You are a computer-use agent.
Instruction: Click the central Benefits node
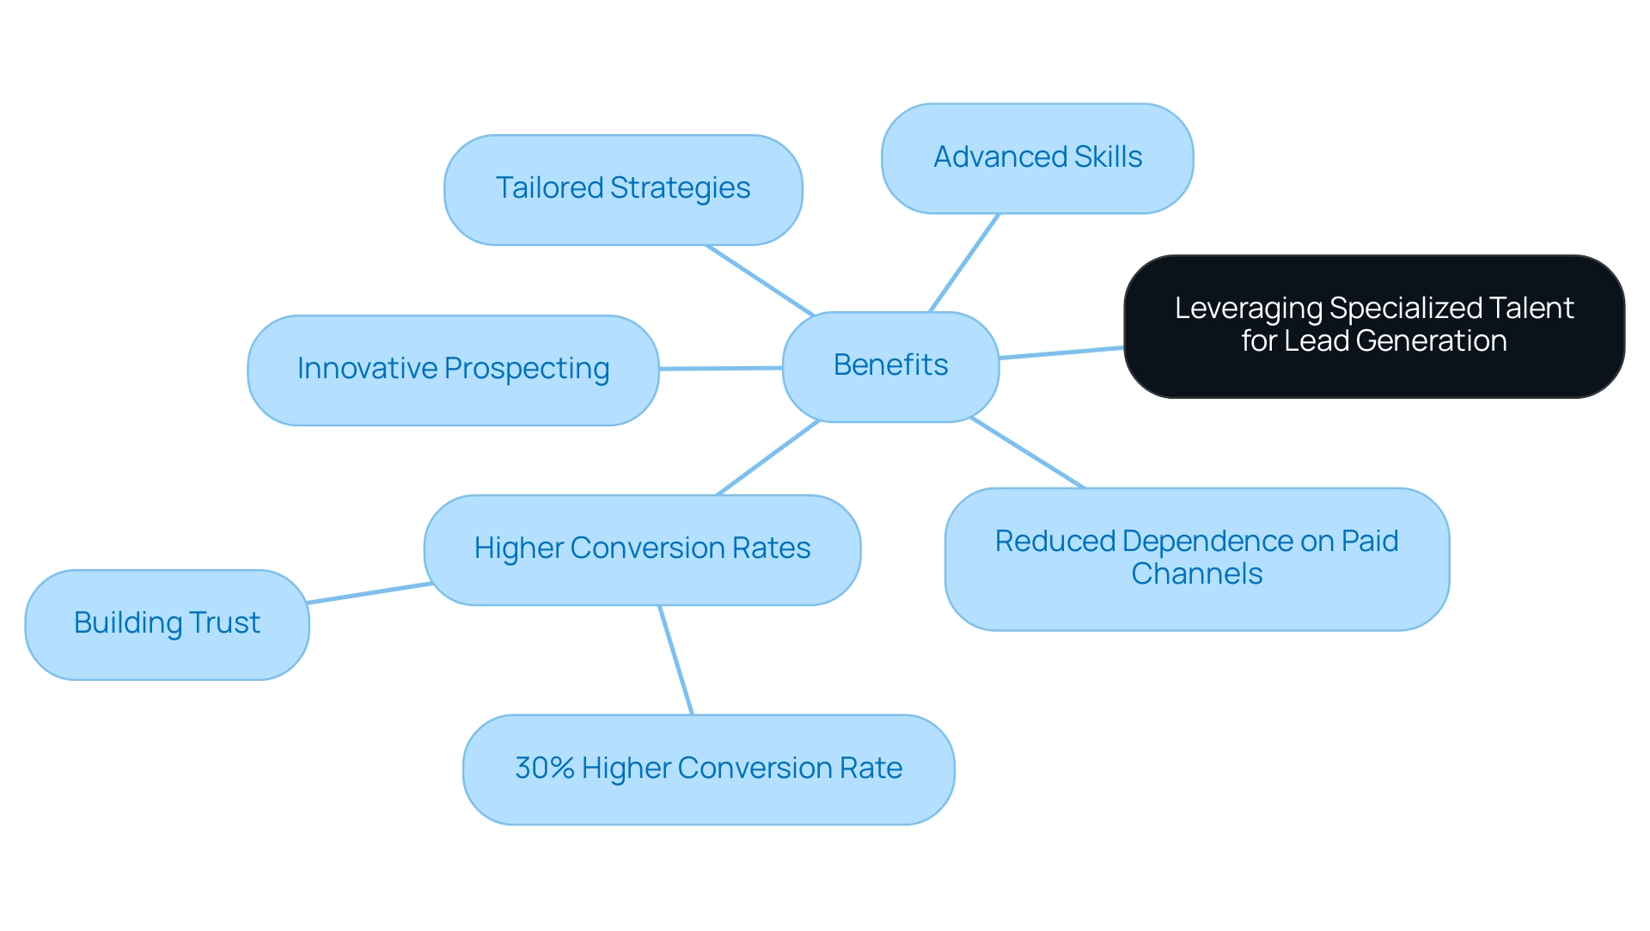pos(890,366)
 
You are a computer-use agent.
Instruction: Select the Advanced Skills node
pos(1037,158)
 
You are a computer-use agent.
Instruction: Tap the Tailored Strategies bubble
pos(623,189)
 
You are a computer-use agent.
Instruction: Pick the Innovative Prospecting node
pos(453,370)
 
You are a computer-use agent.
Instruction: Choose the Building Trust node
pos(167,624)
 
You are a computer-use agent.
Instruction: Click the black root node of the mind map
pos(1373,326)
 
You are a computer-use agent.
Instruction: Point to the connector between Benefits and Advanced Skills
pos(964,262)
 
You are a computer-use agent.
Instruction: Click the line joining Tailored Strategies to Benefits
pos(760,280)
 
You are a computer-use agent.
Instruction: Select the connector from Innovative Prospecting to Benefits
pos(720,368)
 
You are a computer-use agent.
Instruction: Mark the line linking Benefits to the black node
pos(1061,352)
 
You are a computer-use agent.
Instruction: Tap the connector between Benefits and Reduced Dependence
pos(1027,453)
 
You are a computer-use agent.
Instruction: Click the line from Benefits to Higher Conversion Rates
pos(768,457)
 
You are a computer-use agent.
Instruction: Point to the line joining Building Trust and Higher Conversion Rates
pos(370,593)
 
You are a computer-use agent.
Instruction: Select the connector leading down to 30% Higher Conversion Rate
pos(675,659)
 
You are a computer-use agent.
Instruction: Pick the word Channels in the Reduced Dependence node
pos(1196,574)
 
